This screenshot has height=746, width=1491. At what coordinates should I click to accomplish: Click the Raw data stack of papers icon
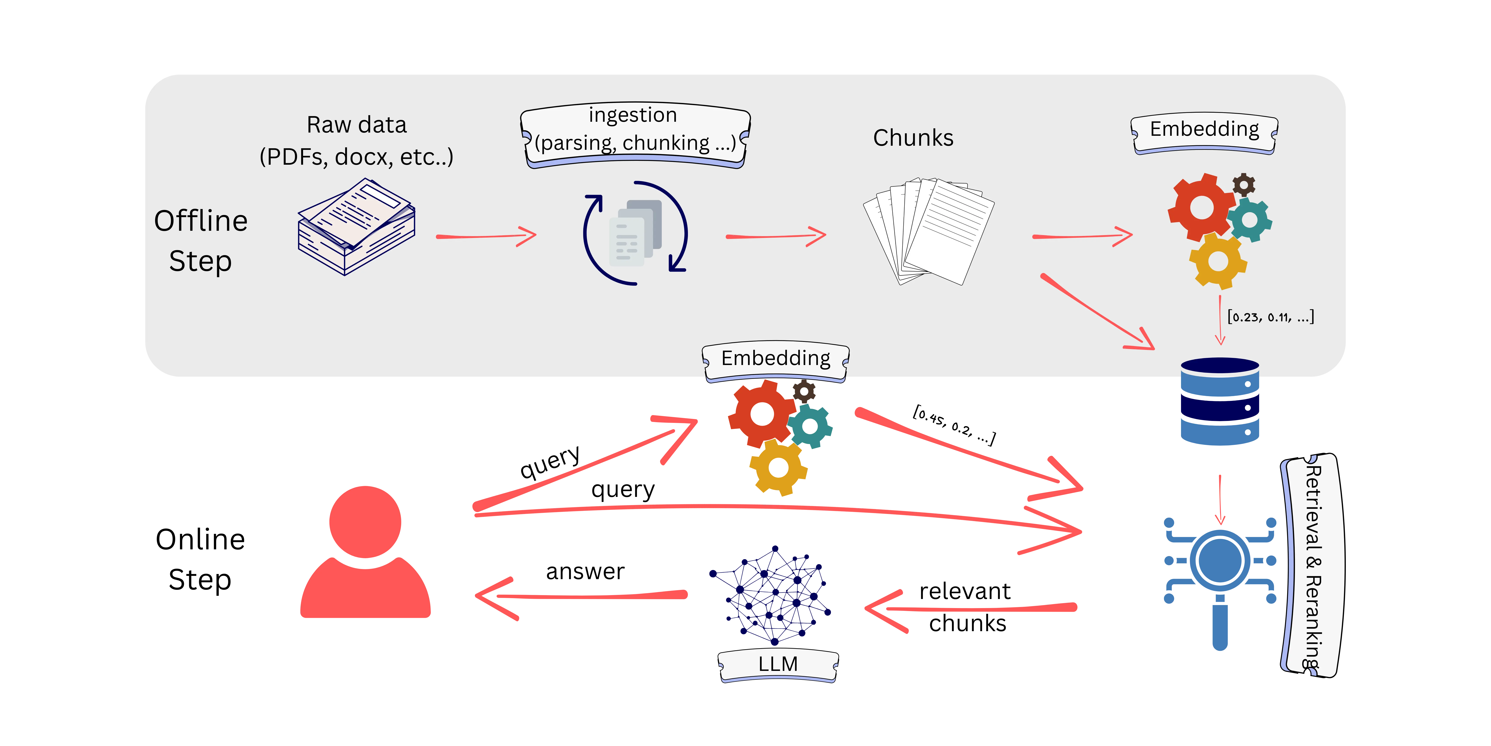tap(356, 227)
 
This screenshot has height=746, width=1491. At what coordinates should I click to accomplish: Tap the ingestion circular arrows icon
tap(635, 233)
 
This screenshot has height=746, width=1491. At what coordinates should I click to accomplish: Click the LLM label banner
tap(778, 664)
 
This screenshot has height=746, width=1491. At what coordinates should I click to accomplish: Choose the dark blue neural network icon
tap(770, 595)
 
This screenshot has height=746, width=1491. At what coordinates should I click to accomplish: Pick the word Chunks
tap(913, 138)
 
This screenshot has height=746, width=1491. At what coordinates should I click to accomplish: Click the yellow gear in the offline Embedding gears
tap(1218, 261)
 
